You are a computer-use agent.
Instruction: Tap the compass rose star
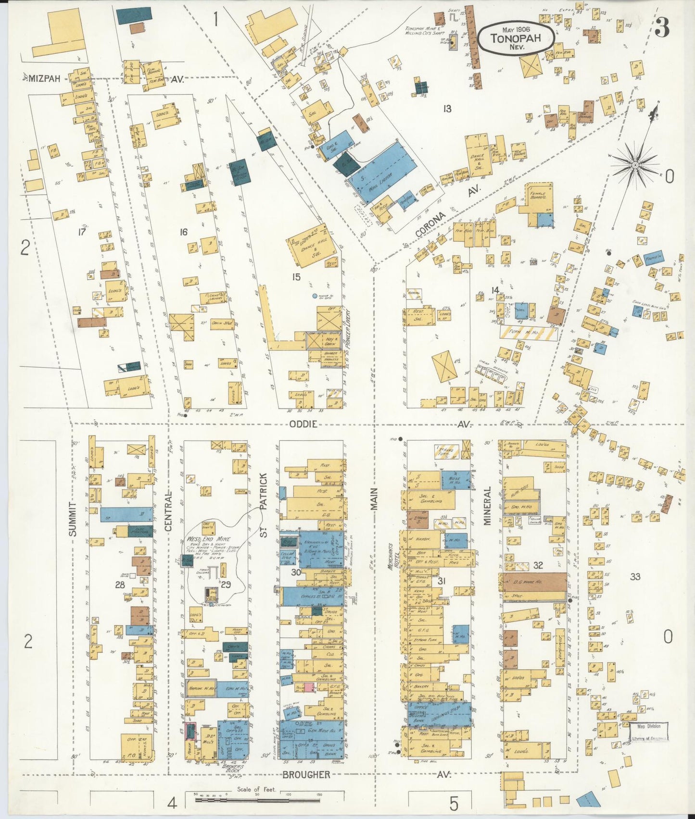pos(634,165)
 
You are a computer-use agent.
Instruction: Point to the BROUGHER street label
pos(306,775)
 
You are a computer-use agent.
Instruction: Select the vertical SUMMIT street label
pos(73,519)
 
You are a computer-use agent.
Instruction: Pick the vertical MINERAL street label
pos(487,505)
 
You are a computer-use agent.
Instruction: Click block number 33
pos(635,576)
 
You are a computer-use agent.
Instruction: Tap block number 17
pos(82,232)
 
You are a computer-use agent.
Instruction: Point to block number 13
pos(447,109)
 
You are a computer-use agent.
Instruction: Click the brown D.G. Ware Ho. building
pos(534,582)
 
